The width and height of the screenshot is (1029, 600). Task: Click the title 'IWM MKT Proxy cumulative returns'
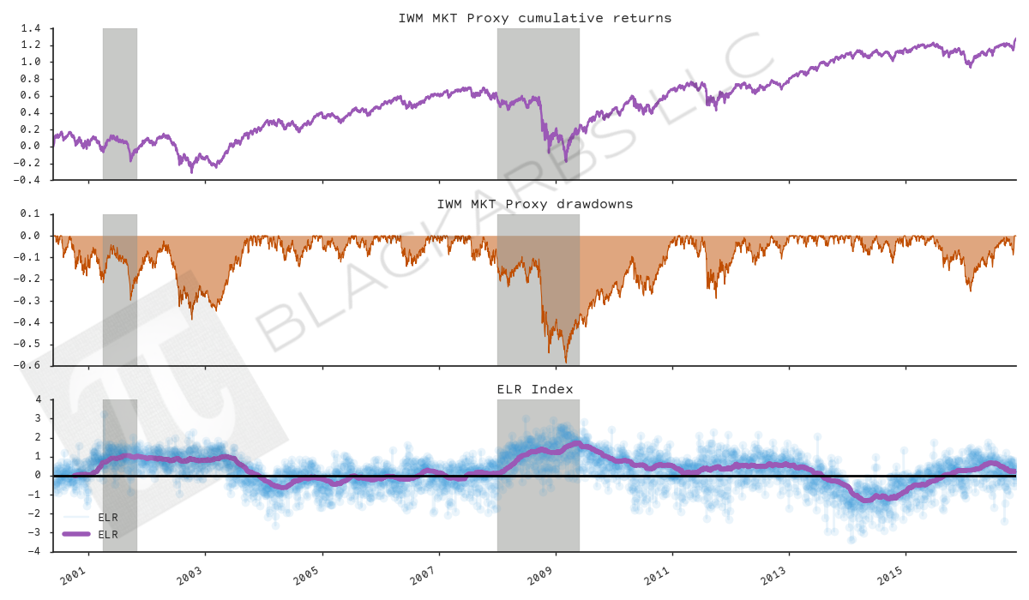click(534, 18)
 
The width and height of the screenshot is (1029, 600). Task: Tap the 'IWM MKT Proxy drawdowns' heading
click(534, 204)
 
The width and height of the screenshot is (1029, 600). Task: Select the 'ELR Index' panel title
click(534, 389)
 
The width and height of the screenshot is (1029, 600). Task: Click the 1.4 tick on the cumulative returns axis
click(31, 28)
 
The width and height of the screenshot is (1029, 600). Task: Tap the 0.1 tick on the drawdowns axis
click(31, 214)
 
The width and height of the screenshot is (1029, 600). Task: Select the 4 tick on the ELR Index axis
click(38, 399)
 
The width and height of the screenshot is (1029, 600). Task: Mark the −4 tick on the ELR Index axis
click(34, 551)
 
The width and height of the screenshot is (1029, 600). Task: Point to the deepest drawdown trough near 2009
click(565, 362)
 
